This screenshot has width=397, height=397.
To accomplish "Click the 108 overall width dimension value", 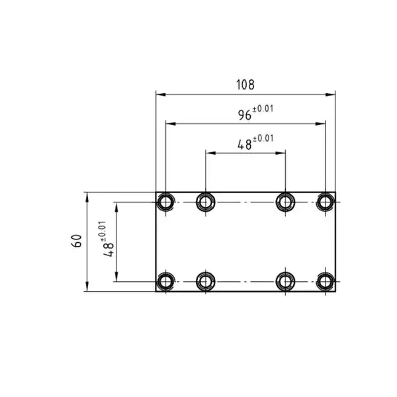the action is click(245, 85).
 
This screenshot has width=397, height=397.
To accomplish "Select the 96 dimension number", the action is click(245, 115).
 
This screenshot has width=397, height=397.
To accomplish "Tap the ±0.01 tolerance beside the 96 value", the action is click(263, 109).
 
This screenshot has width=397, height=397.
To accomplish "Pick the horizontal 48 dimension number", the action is click(245, 145).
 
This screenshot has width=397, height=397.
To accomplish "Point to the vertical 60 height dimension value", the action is click(77, 241).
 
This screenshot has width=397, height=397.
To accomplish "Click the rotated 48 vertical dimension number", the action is click(109, 249).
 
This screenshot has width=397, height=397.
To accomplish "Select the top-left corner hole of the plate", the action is click(165, 202).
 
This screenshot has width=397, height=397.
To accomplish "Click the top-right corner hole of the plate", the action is click(326, 202).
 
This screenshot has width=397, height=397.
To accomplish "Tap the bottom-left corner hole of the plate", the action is click(165, 282).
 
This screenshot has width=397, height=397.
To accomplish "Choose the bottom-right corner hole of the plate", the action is click(326, 282).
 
